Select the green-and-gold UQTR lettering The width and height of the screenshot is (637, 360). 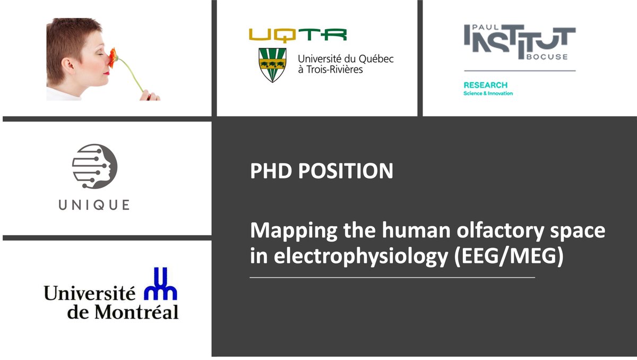(297, 35)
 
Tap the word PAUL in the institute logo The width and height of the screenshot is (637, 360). (475, 27)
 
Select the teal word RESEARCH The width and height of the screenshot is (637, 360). (485, 85)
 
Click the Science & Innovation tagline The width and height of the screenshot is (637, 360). (488, 93)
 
